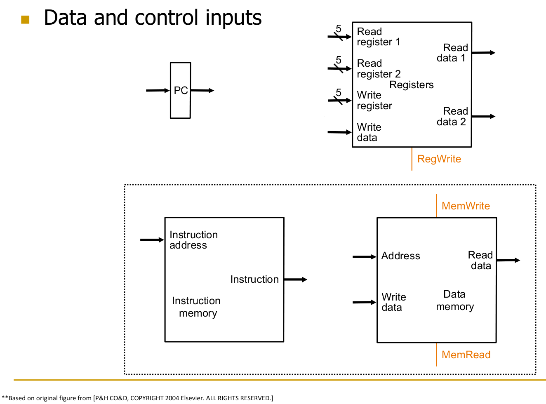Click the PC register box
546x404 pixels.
(x=180, y=90)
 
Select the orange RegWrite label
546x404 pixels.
(x=439, y=159)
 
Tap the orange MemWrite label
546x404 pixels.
(x=466, y=206)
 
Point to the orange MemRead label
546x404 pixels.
(x=466, y=355)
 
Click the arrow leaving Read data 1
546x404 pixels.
(x=483, y=53)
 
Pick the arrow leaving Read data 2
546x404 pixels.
(x=483, y=117)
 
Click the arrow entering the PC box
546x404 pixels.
(x=158, y=90)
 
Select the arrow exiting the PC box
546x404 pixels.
(x=202, y=90)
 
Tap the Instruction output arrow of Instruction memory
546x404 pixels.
(x=295, y=280)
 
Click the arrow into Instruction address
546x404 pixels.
(x=152, y=240)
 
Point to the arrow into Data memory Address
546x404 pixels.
(x=365, y=257)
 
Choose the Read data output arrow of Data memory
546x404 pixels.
(x=508, y=260)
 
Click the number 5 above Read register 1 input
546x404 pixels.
(x=339, y=29)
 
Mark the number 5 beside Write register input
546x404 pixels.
(x=339, y=92)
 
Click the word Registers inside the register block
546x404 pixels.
(x=412, y=85)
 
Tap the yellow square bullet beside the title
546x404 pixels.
(x=25, y=19)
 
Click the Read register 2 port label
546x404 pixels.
(x=379, y=69)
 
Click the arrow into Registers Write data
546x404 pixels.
(x=339, y=132)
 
